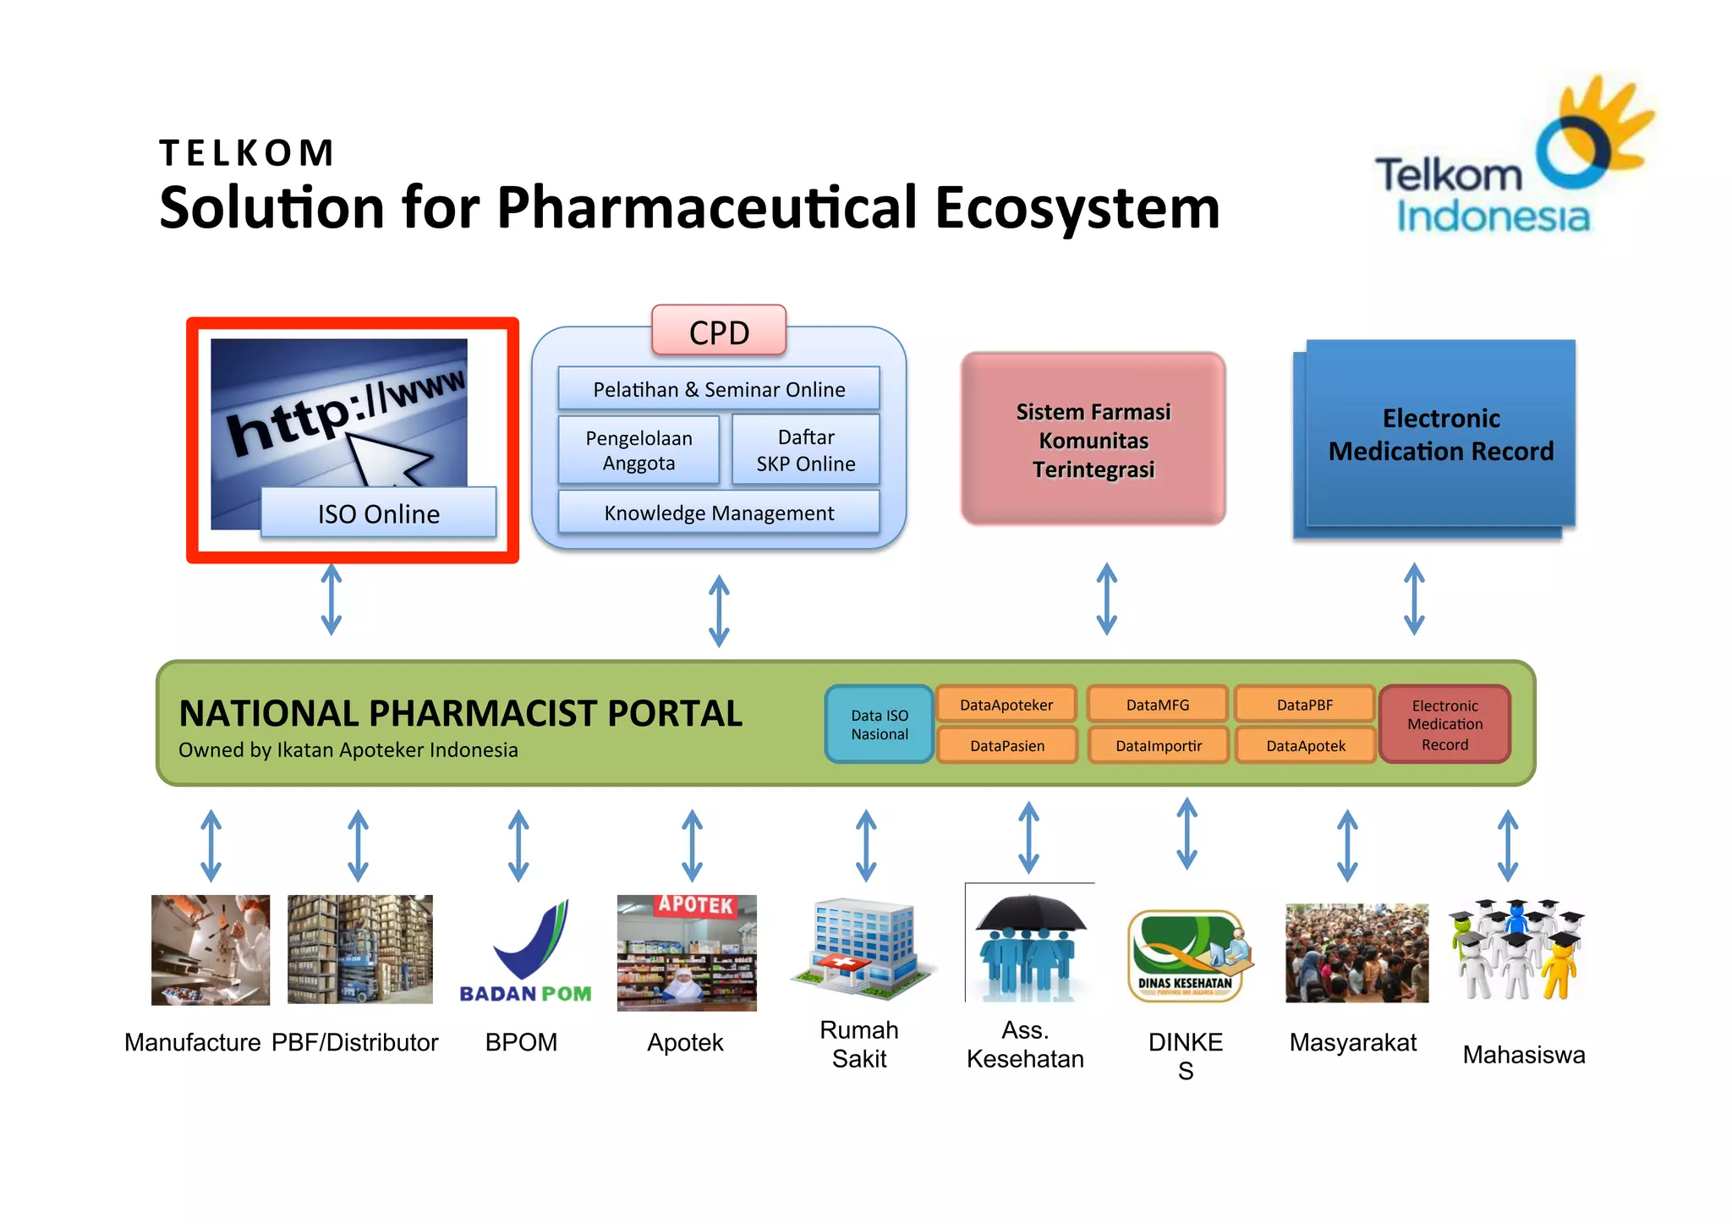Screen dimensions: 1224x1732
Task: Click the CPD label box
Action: [719, 332]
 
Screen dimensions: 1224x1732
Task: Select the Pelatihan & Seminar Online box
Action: [719, 389]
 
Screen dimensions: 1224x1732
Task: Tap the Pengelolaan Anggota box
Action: [639, 450]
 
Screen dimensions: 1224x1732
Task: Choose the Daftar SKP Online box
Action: [805, 450]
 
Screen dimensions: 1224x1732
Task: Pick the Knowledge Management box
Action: [719, 513]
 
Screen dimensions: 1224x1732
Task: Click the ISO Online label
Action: [378, 513]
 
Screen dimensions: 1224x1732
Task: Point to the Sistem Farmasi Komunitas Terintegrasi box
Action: [1093, 440]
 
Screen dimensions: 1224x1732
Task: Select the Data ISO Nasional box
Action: [880, 725]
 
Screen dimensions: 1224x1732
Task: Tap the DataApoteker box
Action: [1006, 705]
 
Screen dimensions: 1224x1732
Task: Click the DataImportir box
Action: [1158, 745]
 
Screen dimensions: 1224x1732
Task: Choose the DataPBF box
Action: [1305, 705]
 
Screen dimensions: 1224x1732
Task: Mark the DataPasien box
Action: [1007, 745]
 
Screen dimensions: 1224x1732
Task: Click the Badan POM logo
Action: [525, 952]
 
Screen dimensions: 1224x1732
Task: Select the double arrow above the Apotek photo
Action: [693, 845]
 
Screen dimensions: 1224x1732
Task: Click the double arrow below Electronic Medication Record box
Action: [1414, 599]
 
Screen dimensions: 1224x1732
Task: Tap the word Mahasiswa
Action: [1523, 1055]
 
